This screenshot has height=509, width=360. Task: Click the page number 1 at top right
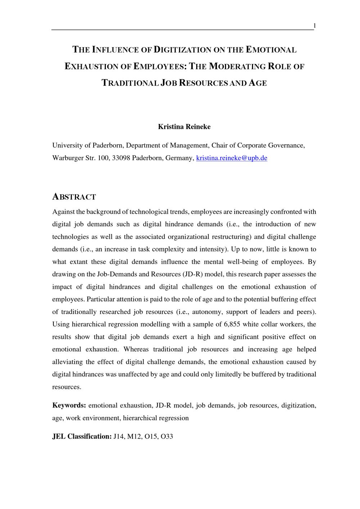pyautogui.click(x=315, y=26)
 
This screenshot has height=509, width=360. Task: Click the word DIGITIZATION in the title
pyautogui.click(x=182, y=50)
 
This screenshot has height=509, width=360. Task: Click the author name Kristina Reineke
pyautogui.click(x=184, y=127)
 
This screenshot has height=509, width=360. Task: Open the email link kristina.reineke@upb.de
pyautogui.click(x=231, y=158)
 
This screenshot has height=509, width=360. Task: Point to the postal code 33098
pyautogui.click(x=121, y=158)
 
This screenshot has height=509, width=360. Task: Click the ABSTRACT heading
pyautogui.click(x=74, y=197)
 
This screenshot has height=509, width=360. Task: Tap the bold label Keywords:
pyautogui.click(x=69, y=405)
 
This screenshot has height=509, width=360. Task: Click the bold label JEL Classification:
pyautogui.click(x=82, y=436)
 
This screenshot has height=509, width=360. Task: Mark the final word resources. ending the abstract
pyautogui.click(x=67, y=387)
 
